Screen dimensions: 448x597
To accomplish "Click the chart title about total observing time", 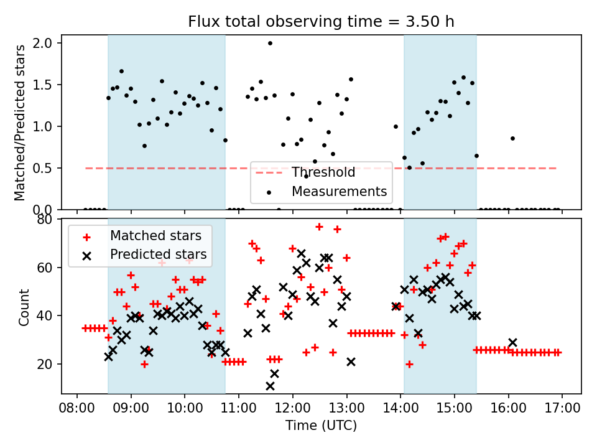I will pos(321,22).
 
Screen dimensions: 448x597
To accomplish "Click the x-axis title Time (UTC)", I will pos(321,426).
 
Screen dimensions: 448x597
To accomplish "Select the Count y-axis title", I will pos(24,307).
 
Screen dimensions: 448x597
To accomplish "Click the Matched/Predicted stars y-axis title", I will pos(20,123).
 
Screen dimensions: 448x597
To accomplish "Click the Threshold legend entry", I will pos(323,172).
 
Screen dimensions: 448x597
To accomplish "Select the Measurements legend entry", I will pos(339,191).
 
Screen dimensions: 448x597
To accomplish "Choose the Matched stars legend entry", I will pos(155,236).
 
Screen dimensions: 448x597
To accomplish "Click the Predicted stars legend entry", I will pos(158,254).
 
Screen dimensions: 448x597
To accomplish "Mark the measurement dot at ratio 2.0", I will pos(270,43).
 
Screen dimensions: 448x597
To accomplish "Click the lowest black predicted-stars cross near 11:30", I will pos(270,386).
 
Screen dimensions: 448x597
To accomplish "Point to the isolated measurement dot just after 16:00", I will pos(512,138).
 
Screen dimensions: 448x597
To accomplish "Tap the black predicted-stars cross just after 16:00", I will pos(512,342).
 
